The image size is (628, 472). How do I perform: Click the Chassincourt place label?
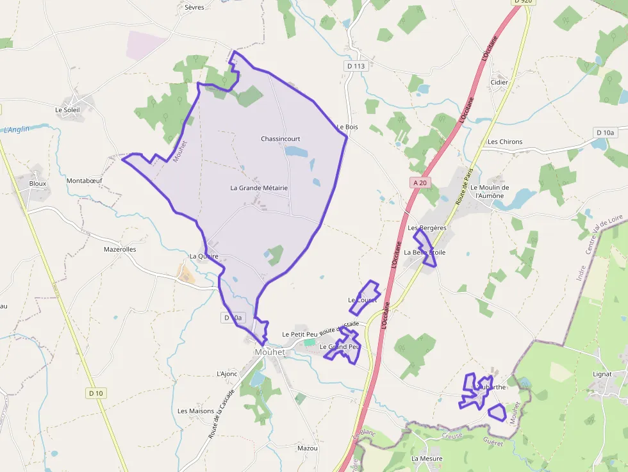point(280,139)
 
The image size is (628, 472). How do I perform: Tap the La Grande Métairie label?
point(259,188)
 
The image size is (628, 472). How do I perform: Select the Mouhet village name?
point(269,352)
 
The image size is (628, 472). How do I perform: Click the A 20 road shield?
point(420,183)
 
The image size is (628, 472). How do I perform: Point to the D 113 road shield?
point(355,66)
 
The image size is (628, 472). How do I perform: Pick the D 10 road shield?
point(95,393)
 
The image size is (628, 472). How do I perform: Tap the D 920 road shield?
point(523,2)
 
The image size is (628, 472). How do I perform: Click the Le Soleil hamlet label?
point(67,110)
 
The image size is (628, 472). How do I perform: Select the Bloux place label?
point(38,183)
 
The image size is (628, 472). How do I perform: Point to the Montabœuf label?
point(84,181)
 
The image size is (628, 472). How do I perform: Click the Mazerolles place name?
point(120,249)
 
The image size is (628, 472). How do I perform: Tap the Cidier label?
point(499,83)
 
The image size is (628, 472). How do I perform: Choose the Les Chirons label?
point(505,142)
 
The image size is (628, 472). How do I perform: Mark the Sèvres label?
point(194,8)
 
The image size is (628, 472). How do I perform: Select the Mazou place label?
point(308,448)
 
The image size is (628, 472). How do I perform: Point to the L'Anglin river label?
point(17,129)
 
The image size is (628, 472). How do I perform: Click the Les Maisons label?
point(196,411)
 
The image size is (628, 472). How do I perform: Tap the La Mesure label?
point(427,459)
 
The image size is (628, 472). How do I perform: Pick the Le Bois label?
point(347,127)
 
